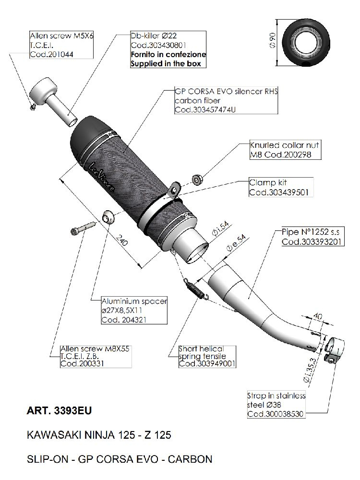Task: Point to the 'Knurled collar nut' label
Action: (285, 144)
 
